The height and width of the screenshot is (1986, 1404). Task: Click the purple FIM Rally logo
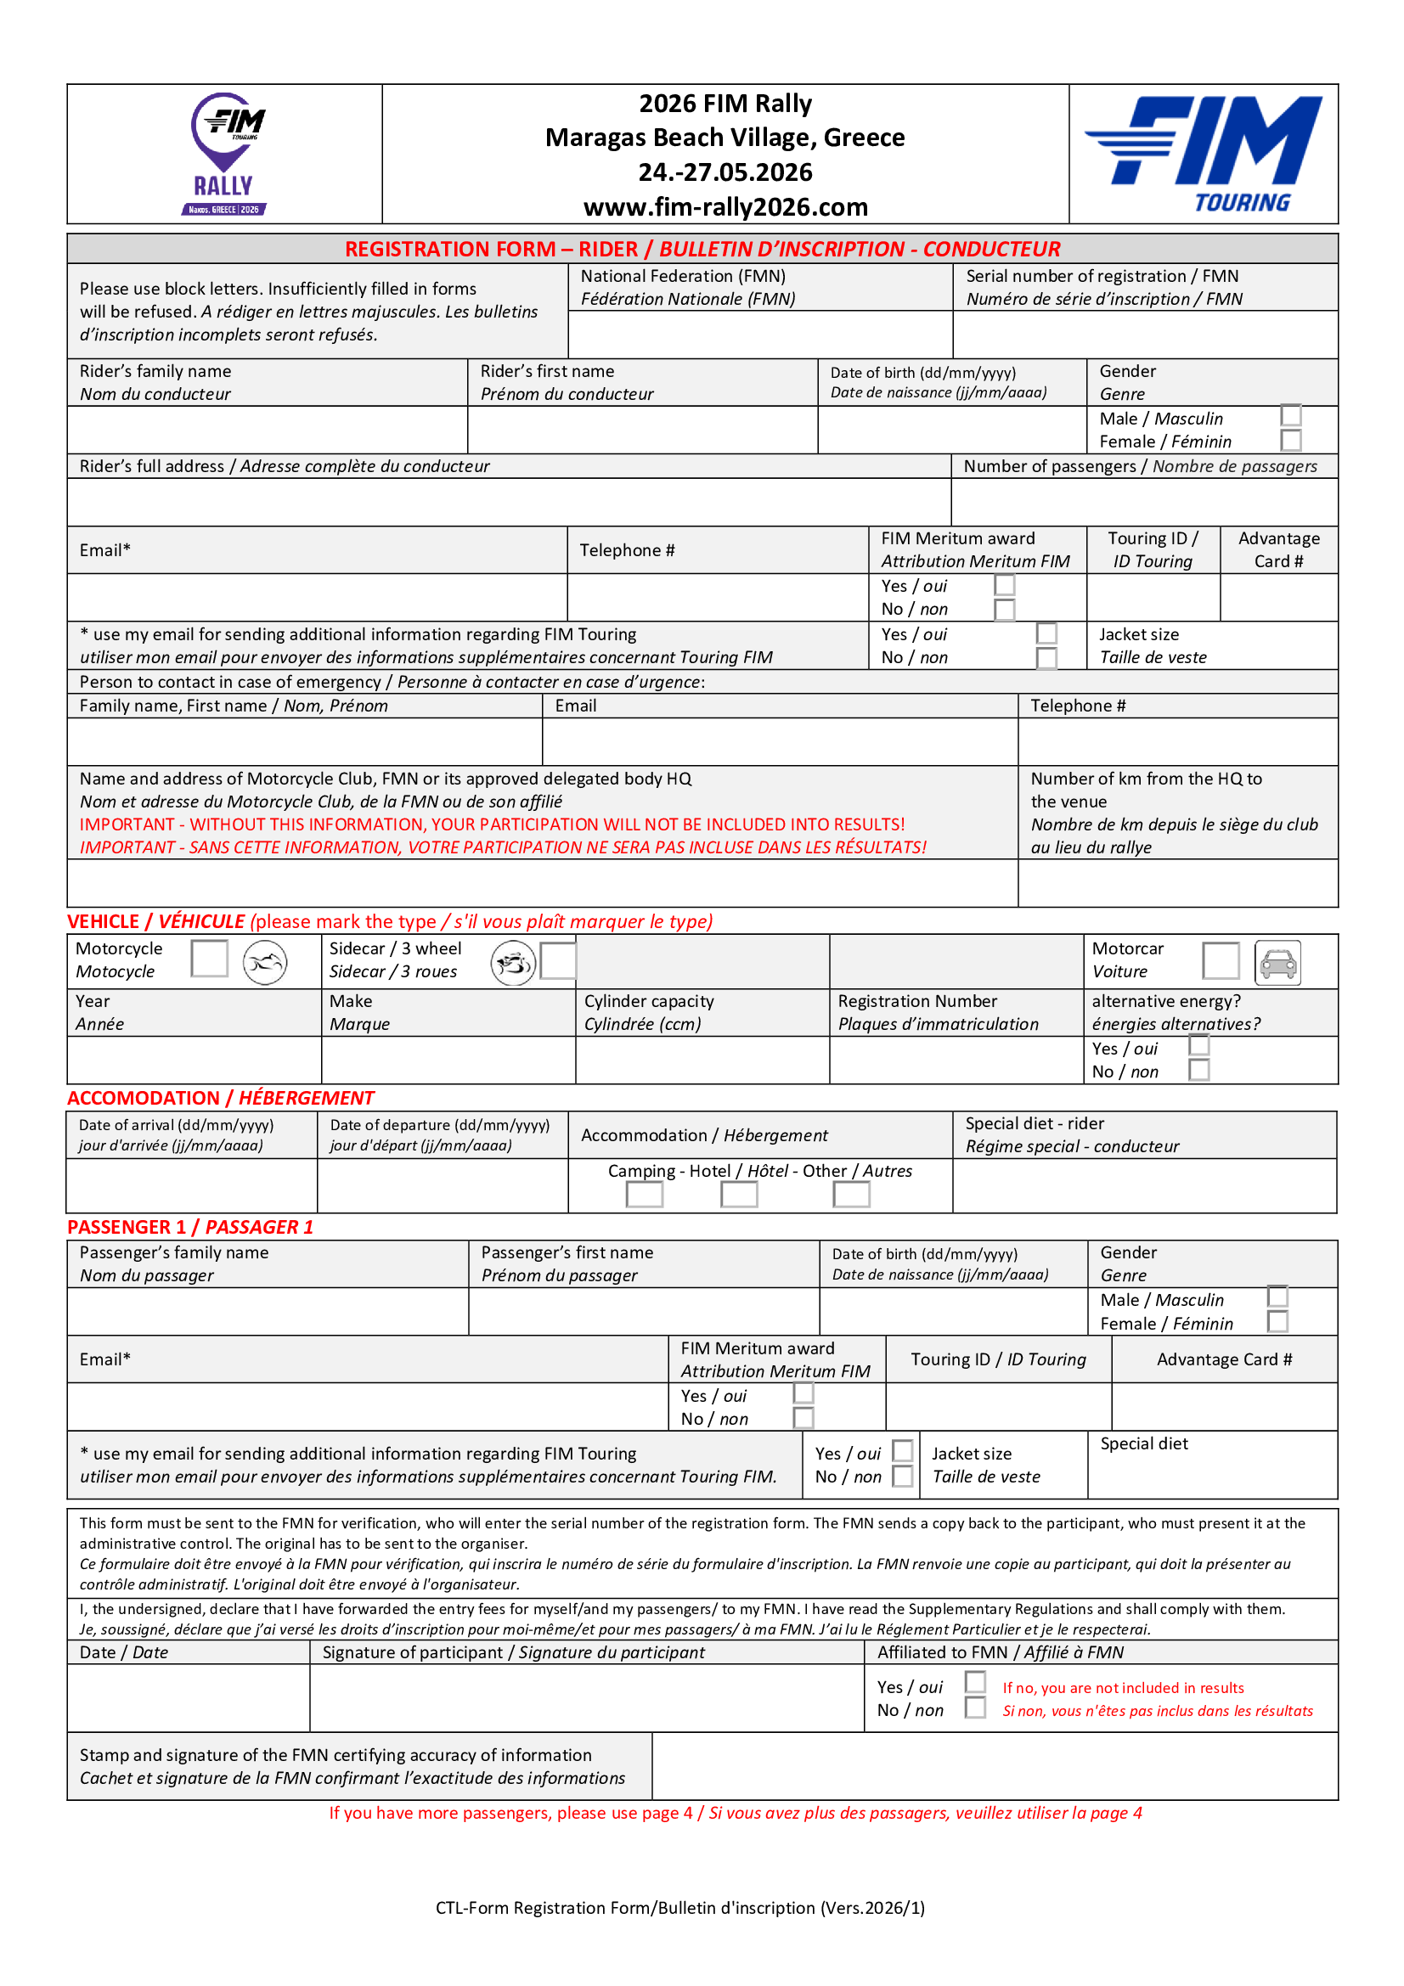tap(227, 153)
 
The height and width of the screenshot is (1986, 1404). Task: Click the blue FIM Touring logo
tap(1204, 153)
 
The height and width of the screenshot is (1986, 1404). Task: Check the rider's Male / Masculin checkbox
tap(1290, 416)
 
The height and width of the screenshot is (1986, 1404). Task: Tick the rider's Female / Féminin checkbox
tap(1290, 441)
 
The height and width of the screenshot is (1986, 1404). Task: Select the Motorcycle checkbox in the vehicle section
tap(209, 959)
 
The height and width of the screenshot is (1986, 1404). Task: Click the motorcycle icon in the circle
tap(265, 962)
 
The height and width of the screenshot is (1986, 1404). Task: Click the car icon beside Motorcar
tap(1277, 962)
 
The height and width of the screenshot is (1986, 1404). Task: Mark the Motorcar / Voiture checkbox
tap(1220, 960)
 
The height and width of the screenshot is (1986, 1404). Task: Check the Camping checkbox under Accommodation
tap(644, 1194)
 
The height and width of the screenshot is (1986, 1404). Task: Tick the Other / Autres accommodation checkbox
tap(851, 1194)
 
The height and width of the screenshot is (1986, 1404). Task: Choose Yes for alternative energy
tap(1198, 1046)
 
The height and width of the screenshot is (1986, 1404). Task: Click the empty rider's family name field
tap(268, 429)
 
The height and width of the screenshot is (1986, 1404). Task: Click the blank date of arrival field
tap(191, 1185)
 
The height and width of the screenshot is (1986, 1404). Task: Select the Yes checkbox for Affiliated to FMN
tap(975, 1681)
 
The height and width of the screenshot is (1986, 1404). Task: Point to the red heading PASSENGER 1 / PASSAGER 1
tap(190, 1227)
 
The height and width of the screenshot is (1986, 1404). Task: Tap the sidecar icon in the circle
tap(513, 962)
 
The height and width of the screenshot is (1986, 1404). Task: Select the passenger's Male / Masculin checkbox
tap(1277, 1297)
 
